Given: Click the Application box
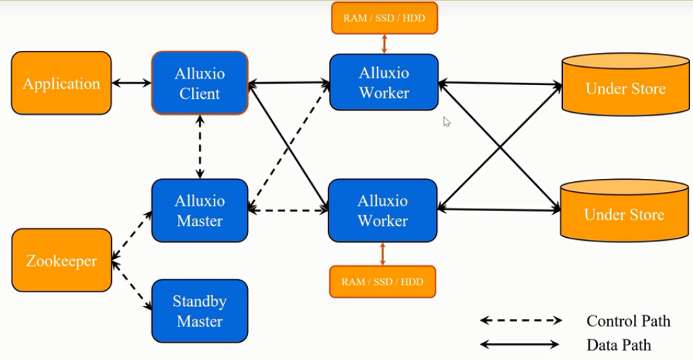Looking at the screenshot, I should pos(61,83).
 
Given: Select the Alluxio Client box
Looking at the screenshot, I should pos(199,83).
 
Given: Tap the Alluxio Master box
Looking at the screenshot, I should pos(199,210).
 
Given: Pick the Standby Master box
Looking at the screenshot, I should pos(199,311).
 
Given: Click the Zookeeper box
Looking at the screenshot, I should pos(61,260).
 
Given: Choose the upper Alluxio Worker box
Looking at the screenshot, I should pos(384,82).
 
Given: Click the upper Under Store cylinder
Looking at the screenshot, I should pos(625,88).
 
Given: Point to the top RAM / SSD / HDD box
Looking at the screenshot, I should pos(384,18).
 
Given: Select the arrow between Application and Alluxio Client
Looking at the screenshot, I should pos(131,83).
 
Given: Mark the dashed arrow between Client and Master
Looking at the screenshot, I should pos(200,146).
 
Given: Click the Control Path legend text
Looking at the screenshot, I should pos(628,321).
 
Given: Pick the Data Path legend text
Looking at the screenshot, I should pos(618,345).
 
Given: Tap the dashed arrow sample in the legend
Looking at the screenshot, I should pos(521,321).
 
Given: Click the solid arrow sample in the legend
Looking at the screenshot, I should pos(521,345).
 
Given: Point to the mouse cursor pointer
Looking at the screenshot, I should pos(446,121).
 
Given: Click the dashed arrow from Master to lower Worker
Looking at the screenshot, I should pos(288,211).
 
